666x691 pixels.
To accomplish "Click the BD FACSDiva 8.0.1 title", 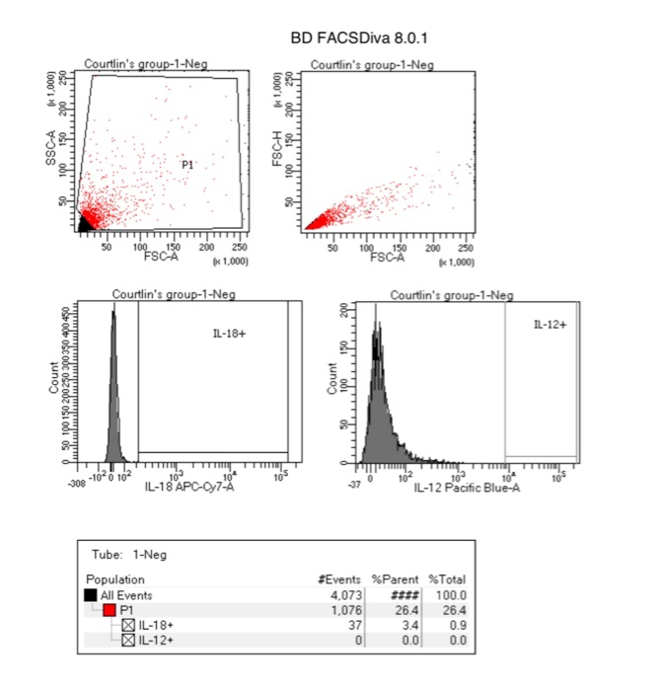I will [359, 38].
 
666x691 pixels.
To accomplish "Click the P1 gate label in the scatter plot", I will [187, 165].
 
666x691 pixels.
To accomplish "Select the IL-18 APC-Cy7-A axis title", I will [190, 487].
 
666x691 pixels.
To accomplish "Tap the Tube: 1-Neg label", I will [128, 555].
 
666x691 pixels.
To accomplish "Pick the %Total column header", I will [446, 579].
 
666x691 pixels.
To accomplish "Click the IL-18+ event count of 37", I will [356, 625].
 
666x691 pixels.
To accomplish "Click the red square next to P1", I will [111, 610].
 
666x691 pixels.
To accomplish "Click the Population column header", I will [115, 579].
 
